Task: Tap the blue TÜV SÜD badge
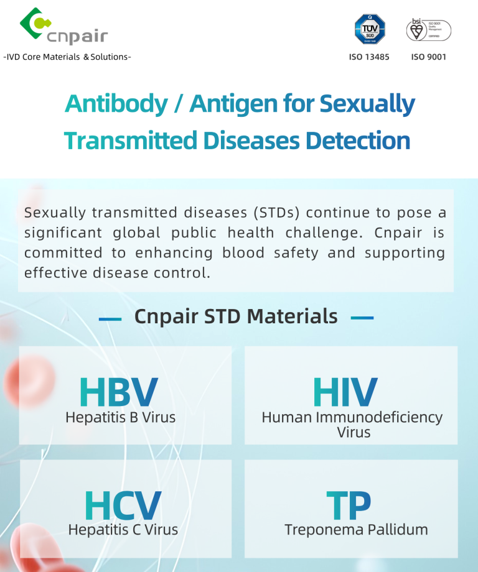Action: tap(370, 29)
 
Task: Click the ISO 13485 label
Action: tap(370, 57)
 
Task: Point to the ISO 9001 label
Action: tap(429, 57)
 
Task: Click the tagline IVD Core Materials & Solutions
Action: tap(67, 57)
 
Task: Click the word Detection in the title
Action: tap(358, 141)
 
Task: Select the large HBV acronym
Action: tap(119, 392)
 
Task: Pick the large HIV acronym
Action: tap(345, 392)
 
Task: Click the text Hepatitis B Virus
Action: tap(121, 417)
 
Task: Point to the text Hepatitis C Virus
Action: tap(123, 530)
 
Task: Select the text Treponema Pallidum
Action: tap(356, 530)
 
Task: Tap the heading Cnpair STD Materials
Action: tap(236, 316)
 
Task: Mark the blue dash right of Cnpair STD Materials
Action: tap(362, 318)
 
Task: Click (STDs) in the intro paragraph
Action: tap(276, 213)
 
